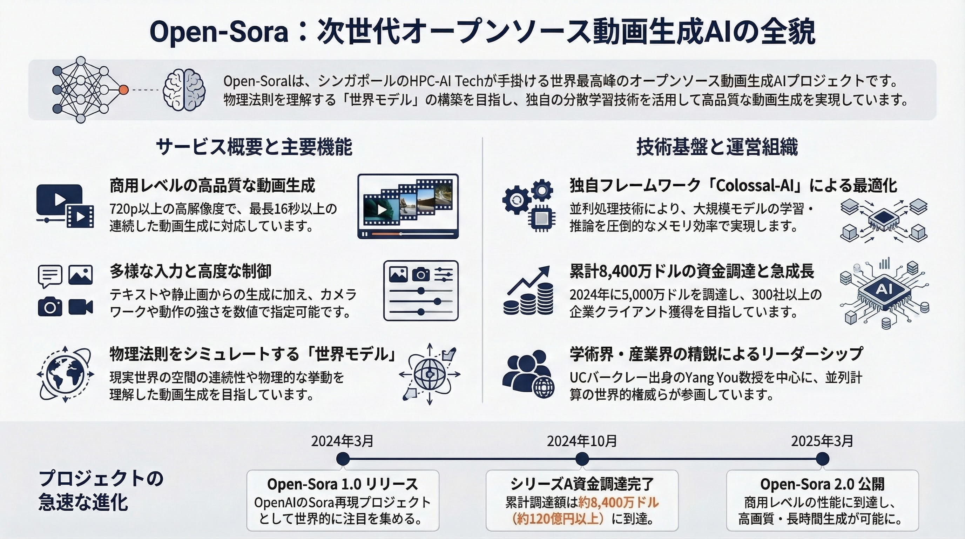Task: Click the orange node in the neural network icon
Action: pos(124,90)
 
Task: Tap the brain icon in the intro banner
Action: pos(184,90)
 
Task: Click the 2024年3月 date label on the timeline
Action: pos(342,441)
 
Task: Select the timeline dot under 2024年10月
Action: pos(582,459)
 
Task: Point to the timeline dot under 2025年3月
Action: pos(822,459)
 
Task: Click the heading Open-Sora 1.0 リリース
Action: pos(342,484)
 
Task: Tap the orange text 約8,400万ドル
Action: pos(619,502)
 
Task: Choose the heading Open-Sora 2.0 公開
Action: pos(822,484)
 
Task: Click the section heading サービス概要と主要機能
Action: pos(254,147)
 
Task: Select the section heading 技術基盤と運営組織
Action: pos(717,147)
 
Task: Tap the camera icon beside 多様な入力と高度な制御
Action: pos(50,307)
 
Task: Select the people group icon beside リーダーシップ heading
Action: pos(528,374)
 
